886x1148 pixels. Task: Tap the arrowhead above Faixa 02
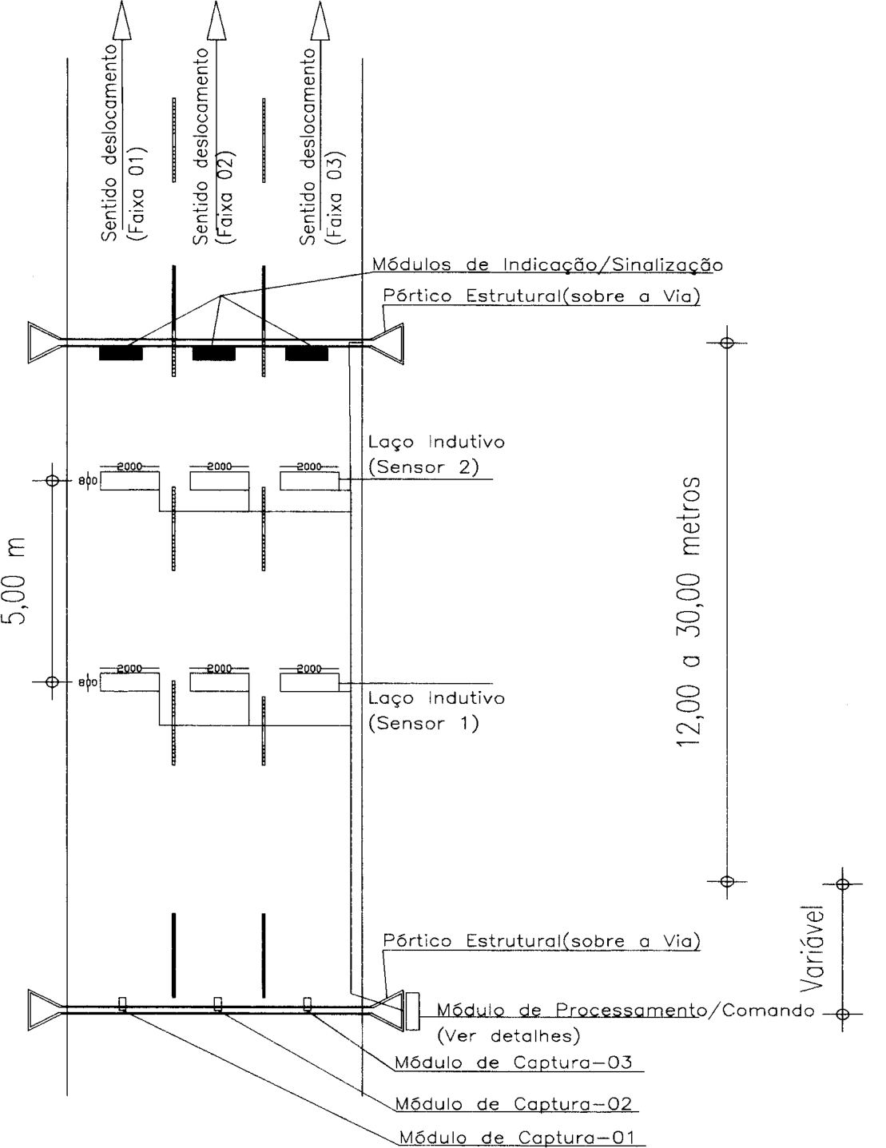(216, 20)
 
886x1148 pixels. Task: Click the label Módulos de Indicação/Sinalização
(547, 264)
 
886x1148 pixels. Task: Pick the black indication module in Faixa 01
(121, 353)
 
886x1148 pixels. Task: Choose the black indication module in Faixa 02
(214, 353)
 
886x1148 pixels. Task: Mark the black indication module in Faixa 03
(307, 353)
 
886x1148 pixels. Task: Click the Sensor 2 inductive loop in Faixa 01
(130, 481)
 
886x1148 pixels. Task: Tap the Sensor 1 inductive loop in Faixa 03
(310, 682)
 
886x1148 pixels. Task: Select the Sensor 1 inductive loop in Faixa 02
(220, 682)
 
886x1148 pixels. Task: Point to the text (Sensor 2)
(423, 467)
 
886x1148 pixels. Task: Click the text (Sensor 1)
(423, 723)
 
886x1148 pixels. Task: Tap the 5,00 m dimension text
(14, 581)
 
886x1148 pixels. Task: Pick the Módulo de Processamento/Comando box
(412, 1011)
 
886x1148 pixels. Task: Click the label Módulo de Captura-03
(514, 1062)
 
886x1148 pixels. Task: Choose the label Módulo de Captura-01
(517, 1137)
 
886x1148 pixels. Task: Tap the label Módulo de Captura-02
(514, 1103)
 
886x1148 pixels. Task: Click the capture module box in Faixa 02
(217, 1003)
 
